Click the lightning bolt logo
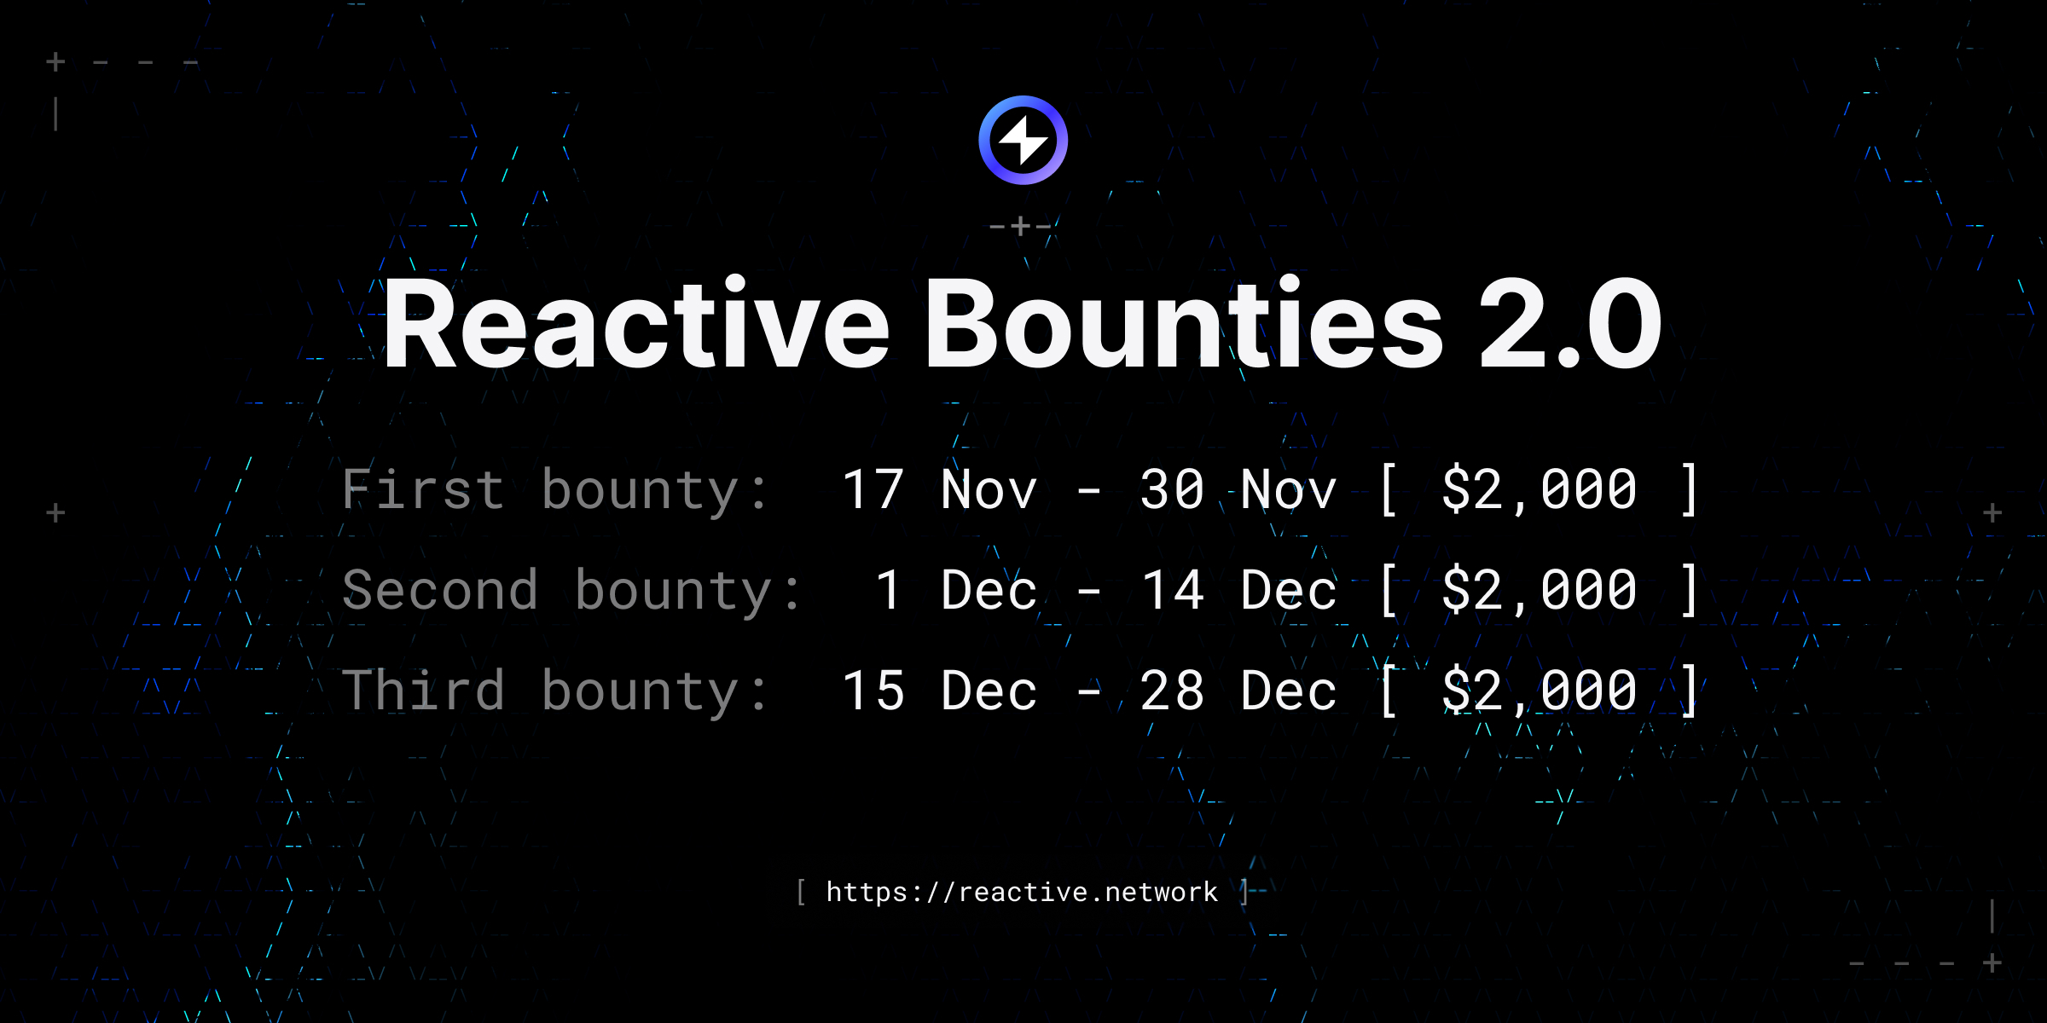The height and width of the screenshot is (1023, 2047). (1023, 141)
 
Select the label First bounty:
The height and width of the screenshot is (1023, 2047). (555, 491)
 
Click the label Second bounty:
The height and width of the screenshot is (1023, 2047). (571, 591)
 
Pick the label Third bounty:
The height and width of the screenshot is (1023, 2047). (555, 691)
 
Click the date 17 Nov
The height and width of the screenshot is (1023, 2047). (939, 490)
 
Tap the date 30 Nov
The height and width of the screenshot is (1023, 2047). (1238, 490)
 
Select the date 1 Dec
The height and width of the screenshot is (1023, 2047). (955, 590)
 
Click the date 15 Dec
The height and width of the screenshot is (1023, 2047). (939, 691)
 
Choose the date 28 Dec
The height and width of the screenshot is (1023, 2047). (1238, 691)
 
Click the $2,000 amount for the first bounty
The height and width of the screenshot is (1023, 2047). (1539, 490)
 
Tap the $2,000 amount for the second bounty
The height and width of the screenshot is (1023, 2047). (1539, 590)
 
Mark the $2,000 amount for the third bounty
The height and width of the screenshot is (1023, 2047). (1539, 691)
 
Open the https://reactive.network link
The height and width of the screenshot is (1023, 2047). (1022, 893)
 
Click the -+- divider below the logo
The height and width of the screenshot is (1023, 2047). (1020, 227)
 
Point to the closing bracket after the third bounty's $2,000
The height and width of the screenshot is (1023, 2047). (1689, 691)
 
